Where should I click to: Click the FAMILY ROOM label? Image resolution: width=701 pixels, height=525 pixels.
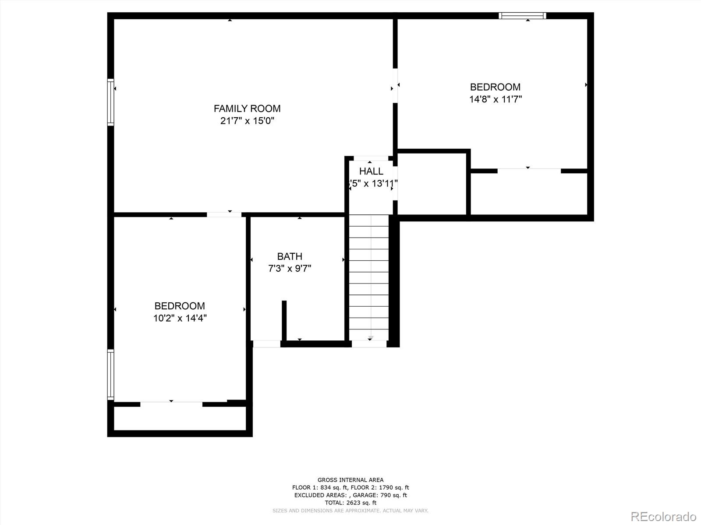[x=247, y=108]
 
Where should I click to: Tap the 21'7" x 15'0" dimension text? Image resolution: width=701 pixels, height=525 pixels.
[x=247, y=121]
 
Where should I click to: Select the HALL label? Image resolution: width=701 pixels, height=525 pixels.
[x=371, y=171]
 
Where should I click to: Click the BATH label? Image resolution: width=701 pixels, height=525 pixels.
[x=290, y=256]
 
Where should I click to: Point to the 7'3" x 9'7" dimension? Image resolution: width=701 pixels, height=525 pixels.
[x=290, y=268]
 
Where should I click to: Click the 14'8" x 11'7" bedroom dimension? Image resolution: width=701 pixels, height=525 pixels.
[x=496, y=99]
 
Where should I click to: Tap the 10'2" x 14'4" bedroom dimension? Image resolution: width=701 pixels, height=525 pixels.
[x=180, y=318]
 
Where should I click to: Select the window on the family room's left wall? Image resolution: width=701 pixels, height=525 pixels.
[x=111, y=102]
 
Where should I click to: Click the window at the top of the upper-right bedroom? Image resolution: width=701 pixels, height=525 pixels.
[x=522, y=16]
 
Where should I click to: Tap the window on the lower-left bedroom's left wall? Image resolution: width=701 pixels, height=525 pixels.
[x=111, y=374]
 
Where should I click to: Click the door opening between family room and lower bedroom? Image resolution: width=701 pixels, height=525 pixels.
[x=224, y=214]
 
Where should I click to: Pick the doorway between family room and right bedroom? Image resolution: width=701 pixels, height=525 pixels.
[x=395, y=85]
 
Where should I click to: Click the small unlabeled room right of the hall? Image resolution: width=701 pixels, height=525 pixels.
[x=432, y=184]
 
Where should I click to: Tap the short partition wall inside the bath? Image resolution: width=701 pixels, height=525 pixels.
[x=284, y=320]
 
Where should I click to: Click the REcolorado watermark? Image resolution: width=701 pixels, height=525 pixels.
[x=663, y=516]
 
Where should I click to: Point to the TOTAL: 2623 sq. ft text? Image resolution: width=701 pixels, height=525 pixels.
[x=350, y=503]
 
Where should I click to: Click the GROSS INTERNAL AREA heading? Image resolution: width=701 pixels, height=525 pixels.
[x=350, y=480]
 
